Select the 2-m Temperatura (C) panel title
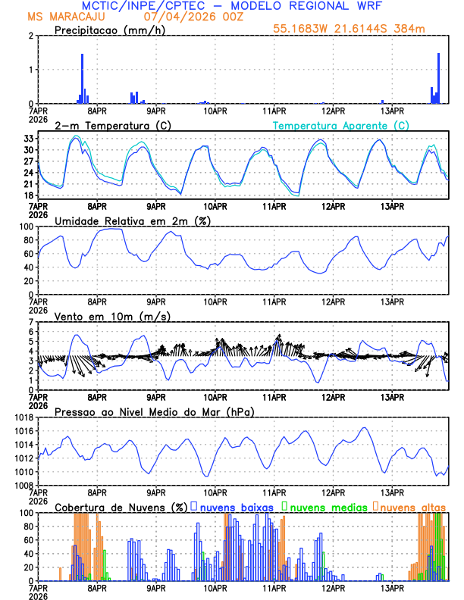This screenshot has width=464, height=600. pos(112,125)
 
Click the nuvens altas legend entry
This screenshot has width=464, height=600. pos(413,506)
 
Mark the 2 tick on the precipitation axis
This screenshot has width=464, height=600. pos(31,36)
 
